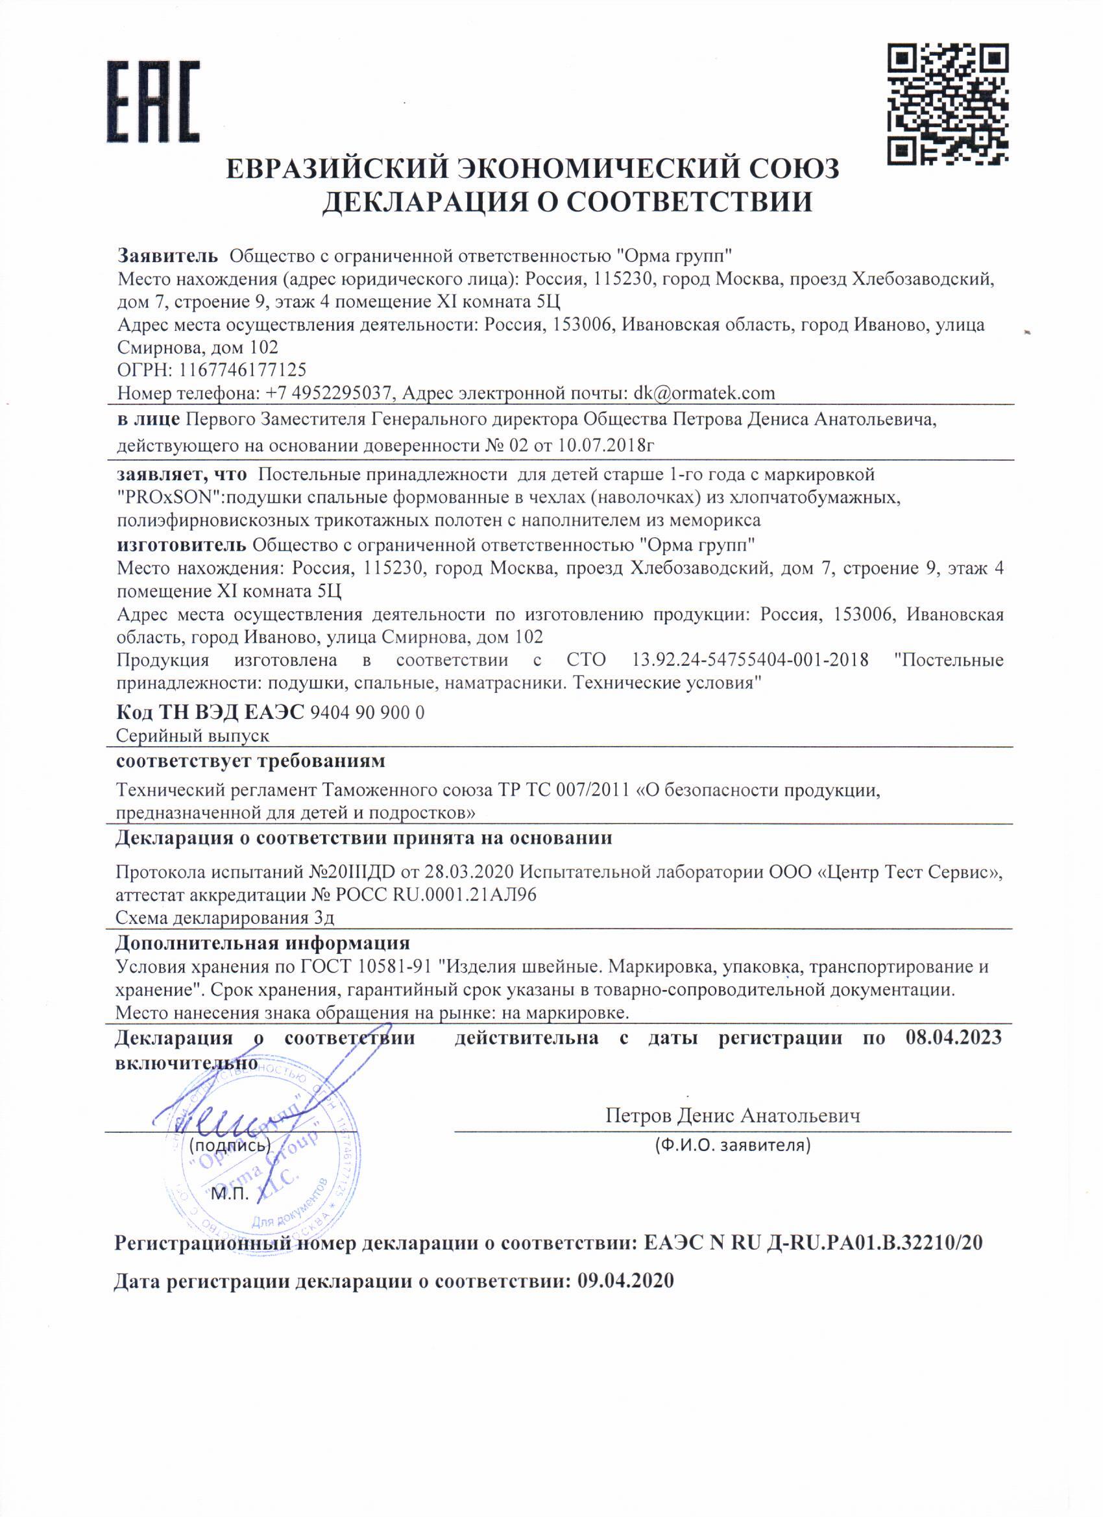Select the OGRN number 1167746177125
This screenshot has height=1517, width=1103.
pos(239,370)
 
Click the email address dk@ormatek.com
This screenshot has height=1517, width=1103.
pos(704,393)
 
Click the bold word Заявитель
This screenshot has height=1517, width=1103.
pos(168,255)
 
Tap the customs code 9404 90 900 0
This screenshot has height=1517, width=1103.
pos(368,713)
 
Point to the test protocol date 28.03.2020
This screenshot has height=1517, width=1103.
pos(471,872)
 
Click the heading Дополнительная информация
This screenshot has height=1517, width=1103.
pos(262,944)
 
